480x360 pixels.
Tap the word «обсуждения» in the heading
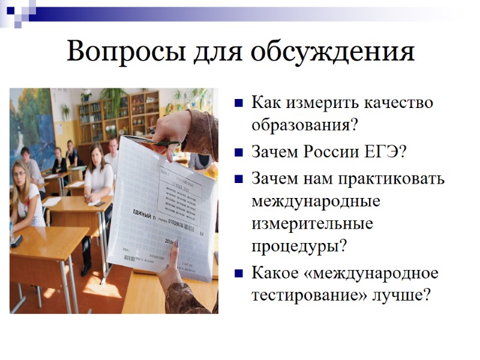coord(332,52)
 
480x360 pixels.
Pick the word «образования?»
coord(304,125)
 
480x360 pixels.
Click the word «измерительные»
coord(312,224)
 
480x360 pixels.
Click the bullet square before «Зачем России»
coord(238,151)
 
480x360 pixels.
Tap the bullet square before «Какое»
coord(238,274)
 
